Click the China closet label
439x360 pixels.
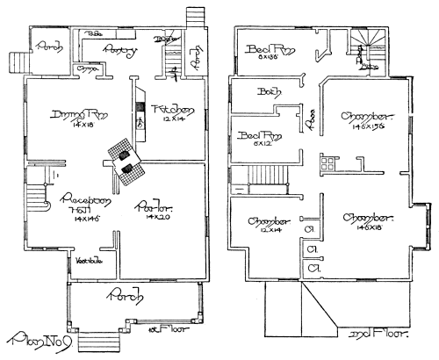coord(87,68)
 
